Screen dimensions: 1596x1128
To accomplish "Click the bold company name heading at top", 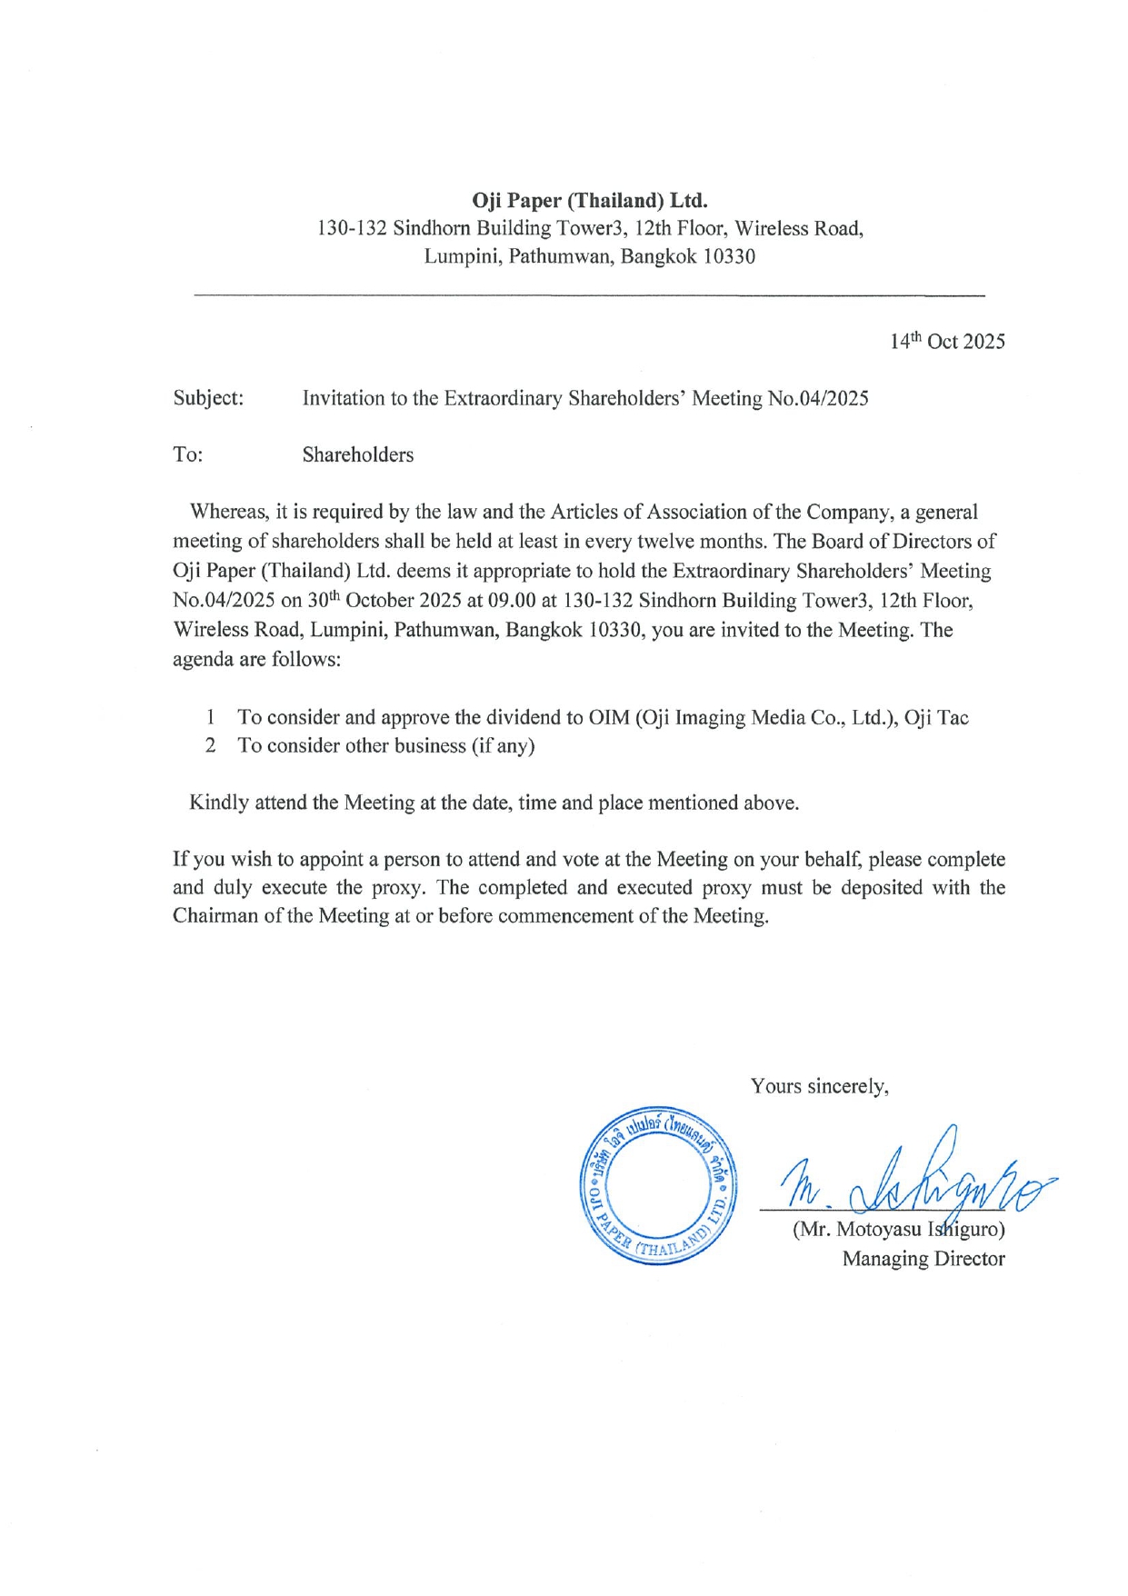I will click(589, 200).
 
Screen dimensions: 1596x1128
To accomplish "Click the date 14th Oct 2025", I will click(947, 342).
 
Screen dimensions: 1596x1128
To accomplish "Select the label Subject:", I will click(208, 398).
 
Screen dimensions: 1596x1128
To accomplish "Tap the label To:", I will click(187, 455).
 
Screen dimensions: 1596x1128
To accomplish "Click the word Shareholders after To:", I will click(357, 455).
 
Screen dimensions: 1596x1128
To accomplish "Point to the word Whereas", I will click(227, 513).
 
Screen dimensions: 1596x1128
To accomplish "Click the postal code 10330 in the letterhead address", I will click(729, 257).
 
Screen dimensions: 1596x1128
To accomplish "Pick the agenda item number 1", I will click(210, 718).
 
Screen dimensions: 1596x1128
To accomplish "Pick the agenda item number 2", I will click(210, 746).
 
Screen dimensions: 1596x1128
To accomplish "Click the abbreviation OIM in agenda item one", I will click(608, 718).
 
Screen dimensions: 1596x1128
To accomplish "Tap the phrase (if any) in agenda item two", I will click(503, 746).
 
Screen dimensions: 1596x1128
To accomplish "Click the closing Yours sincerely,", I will click(819, 1087).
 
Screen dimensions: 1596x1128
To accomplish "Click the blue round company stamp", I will click(659, 1185).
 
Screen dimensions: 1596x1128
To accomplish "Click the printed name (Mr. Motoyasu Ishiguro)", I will click(899, 1231).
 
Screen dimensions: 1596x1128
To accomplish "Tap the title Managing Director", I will click(923, 1260).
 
